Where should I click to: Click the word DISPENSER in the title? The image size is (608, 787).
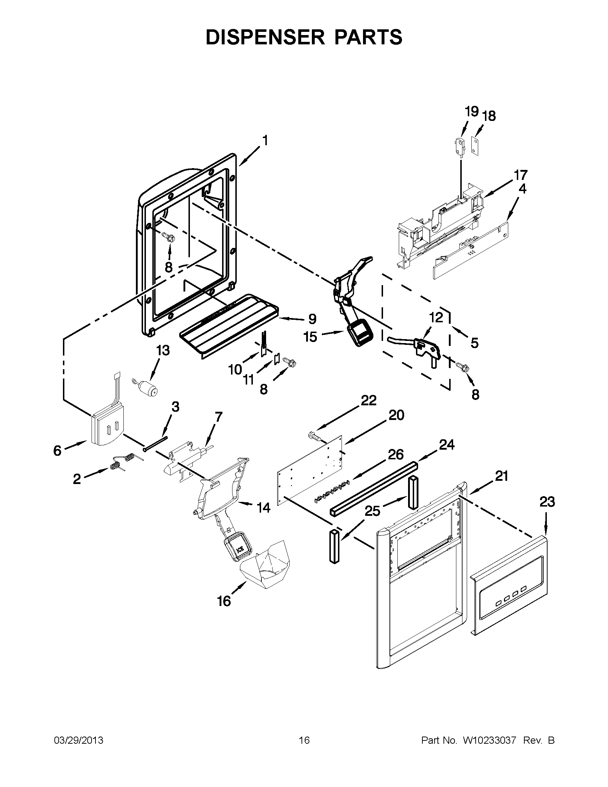(265, 38)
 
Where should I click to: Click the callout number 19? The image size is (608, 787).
(471, 112)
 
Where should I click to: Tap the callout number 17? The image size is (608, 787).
(520, 175)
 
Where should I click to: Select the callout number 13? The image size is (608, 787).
(163, 350)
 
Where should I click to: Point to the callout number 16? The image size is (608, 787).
(224, 601)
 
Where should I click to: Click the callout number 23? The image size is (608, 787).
(547, 502)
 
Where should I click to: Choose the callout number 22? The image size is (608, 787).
(368, 400)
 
